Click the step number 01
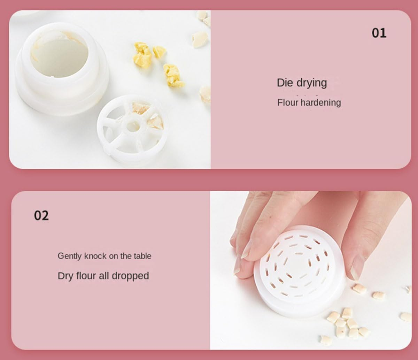tap(379, 33)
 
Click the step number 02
tap(41, 215)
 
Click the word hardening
tap(321, 102)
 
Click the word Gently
tap(70, 256)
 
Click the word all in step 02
tap(104, 276)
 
